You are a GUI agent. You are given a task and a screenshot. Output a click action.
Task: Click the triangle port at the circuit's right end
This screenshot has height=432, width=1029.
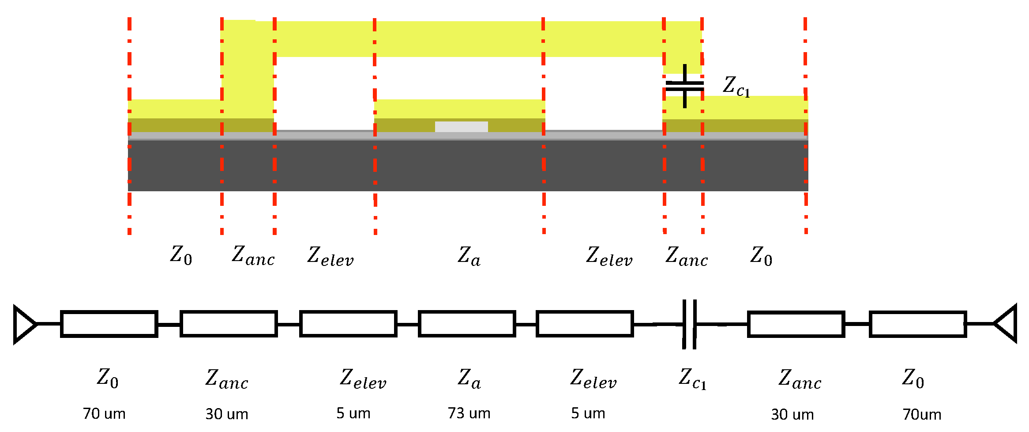click(1006, 324)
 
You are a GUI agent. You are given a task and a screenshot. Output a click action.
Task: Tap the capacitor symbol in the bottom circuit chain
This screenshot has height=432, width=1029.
click(689, 324)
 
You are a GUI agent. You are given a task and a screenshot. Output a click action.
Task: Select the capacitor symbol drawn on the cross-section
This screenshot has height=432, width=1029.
click(684, 86)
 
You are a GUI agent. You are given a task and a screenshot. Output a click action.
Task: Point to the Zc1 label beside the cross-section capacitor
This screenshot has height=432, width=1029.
click(736, 86)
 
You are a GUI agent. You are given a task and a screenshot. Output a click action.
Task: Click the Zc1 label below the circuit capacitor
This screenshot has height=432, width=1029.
click(692, 379)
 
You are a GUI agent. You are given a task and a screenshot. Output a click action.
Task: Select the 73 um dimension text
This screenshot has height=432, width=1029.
click(469, 413)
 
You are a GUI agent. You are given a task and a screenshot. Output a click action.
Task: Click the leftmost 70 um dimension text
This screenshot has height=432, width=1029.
click(104, 414)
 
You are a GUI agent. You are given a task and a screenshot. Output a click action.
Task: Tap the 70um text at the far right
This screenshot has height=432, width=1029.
click(922, 414)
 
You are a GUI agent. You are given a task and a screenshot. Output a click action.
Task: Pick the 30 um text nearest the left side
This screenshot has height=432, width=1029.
click(227, 414)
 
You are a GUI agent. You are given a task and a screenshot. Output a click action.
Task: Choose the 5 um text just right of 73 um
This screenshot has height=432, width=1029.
click(588, 413)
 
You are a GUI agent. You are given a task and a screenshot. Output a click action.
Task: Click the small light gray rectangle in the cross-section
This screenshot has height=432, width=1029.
click(461, 127)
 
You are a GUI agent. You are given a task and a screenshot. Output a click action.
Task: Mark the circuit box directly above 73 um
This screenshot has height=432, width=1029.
click(467, 324)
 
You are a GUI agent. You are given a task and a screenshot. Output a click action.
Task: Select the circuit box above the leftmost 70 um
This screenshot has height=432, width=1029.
click(109, 324)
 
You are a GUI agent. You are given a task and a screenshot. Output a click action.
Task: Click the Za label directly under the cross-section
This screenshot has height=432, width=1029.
click(469, 256)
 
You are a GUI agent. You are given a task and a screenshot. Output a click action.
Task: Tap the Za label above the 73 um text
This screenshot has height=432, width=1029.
click(469, 379)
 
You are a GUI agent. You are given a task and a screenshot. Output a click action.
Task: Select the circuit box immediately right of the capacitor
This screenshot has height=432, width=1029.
click(796, 324)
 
